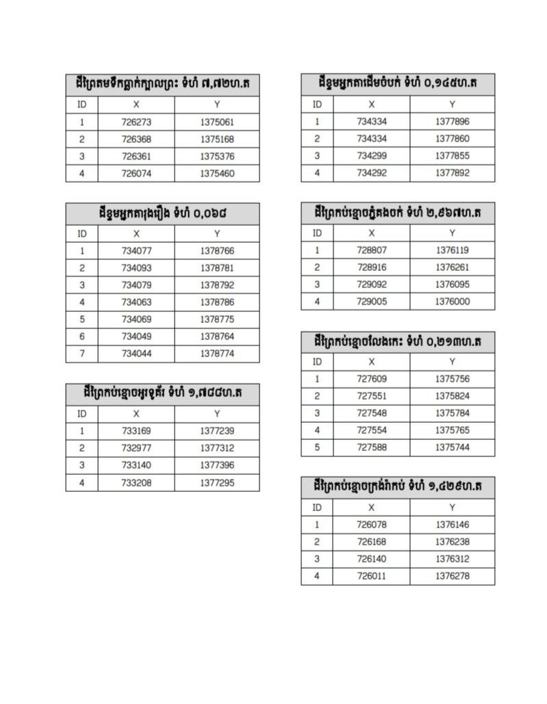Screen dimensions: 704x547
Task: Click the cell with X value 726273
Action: [136, 122]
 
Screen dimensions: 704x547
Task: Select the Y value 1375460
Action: [217, 174]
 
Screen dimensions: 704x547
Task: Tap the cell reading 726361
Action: [136, 157]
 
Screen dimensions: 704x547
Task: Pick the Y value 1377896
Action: [452, 122]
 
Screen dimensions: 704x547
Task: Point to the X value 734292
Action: [372, 173]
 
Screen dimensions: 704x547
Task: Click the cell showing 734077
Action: [136, 251]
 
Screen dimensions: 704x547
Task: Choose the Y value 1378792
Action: [217, 285]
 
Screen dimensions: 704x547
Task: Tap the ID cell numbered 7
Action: [81, 354]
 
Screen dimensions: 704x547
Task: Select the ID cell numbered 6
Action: [81, 337]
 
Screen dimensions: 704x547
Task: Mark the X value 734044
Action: [136, 354]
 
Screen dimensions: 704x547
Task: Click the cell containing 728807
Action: [372, 250]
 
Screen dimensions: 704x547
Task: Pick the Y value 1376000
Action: [452, 302]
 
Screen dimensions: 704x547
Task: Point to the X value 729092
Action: [372, 285]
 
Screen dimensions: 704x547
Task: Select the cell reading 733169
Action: [136, 431]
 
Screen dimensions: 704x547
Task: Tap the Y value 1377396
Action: [217, 465]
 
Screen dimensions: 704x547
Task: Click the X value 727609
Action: [372, 379]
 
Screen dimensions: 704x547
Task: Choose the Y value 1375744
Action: [452, 447]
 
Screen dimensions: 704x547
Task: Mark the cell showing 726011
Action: [372, 576]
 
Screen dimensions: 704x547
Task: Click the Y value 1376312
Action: [452, 559]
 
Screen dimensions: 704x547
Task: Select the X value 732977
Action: [136, 448]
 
